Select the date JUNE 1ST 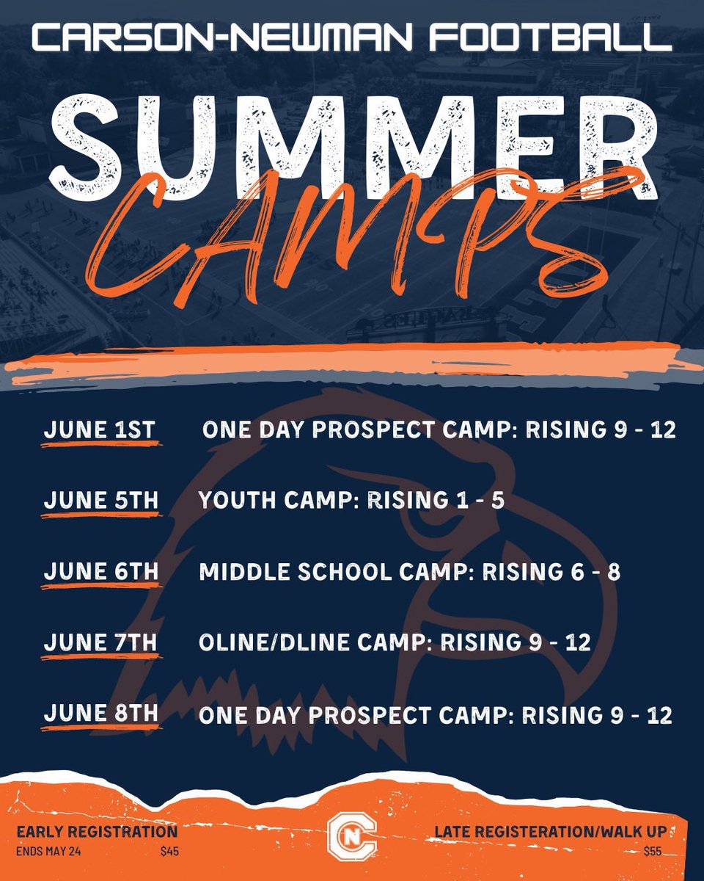(x=100, y=431)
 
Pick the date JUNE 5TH (x=100, y=501)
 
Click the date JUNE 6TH (x=100, y=572)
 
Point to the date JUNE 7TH (x=100, y=642)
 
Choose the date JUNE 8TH (x=100, y=713)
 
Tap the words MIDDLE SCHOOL (x=296, y=572)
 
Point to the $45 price (x=169, y=852)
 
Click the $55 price (x=652, y=852)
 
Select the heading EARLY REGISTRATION (x=97, y=832)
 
